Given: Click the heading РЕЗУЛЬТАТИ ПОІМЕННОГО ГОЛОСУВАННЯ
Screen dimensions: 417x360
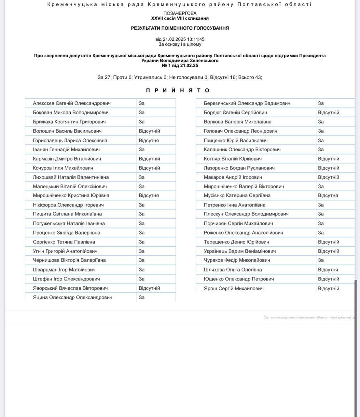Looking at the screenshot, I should coord(180,28).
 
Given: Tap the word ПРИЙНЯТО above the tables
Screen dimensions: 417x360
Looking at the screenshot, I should coord(178,90).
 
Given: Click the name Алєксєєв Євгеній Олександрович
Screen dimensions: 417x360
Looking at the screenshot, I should coord(72,103).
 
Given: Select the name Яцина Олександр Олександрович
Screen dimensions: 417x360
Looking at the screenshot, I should coord(73,297).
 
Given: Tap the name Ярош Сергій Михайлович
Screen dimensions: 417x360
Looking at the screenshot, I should coord(233,288).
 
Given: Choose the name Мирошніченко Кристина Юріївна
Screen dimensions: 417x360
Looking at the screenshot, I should coord(71,195).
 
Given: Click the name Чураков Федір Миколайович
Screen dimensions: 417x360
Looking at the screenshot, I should coord(237,260).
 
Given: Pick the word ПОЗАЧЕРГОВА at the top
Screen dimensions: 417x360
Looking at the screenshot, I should coord(180,13).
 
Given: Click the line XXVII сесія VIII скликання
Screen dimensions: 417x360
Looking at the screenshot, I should coord(180,18).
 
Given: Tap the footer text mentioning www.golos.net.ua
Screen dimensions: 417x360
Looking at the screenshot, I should coord(309,317).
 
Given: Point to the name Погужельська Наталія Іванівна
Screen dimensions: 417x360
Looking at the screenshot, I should coord(69,223).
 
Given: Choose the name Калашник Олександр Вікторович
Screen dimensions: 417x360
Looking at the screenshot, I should coord(242,150).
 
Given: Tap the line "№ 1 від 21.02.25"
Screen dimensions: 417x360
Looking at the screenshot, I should coord(180,65).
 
